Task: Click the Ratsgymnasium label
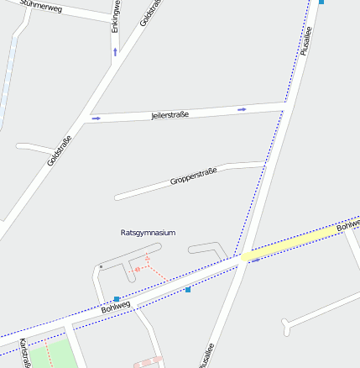[x=149, y=232]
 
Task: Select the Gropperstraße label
[x=193, y=176]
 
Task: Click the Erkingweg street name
[x=116, y=15]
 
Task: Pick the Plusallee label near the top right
[x=305, y=40]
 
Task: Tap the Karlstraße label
[x=25, y=354]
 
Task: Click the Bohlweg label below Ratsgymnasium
[x=116, y=307]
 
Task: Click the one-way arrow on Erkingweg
[x=115, y=52]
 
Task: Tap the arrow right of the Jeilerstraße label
[x=242, y=109]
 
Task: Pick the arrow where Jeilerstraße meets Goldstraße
[x=96, y=118]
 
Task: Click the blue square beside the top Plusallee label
[x=321, y=2]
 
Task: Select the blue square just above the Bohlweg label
[x=116, y=298]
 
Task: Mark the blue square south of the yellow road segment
[x=188, y=289]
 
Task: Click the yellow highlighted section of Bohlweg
[x=285, y=244]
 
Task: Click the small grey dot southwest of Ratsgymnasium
[x=101, y=266]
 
